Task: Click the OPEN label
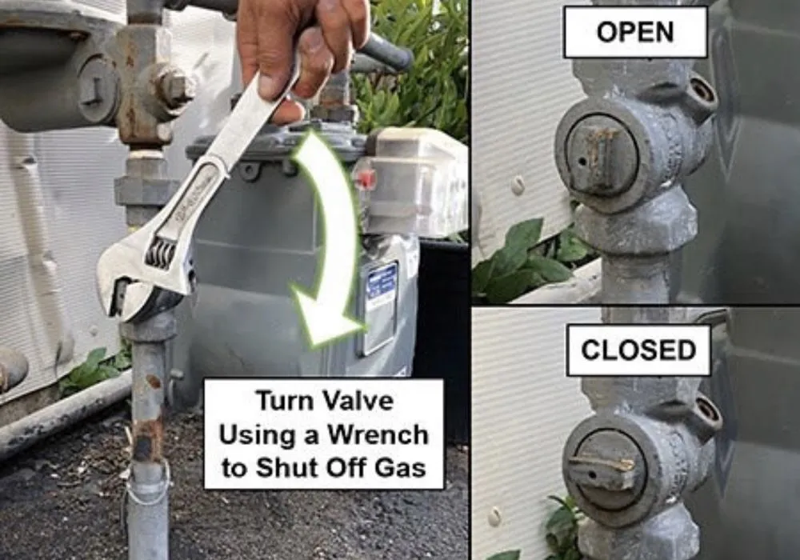[x=635, y=32]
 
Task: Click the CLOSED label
[x=638, y=350]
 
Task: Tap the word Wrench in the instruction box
[x=378, y=435]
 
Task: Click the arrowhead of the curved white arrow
[x=326, y=316]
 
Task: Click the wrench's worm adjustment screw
[x=160, y=253]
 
